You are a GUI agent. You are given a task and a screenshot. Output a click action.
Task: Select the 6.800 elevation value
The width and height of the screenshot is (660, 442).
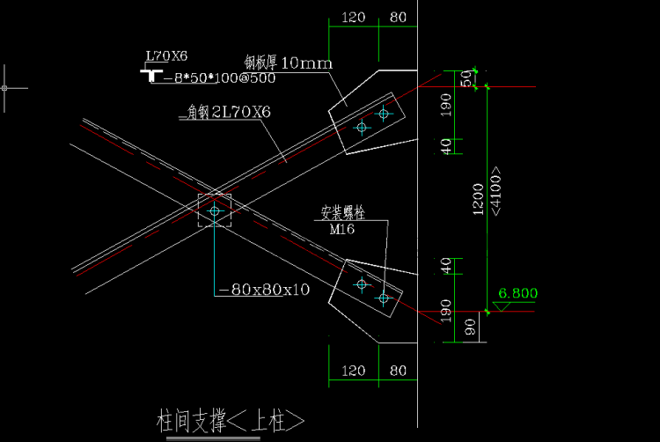point(517,293)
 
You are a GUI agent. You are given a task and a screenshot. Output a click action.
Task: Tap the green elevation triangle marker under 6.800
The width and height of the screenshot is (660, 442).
point(504,306)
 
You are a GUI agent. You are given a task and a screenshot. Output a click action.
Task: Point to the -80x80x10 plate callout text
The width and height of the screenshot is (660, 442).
point(263,289)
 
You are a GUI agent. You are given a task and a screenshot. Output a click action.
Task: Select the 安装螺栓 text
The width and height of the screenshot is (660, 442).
point(342,213)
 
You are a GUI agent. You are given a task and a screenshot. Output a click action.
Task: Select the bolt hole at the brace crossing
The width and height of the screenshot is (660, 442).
point(215,210)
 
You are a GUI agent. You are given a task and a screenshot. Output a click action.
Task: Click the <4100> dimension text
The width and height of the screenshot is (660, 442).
point(497,192)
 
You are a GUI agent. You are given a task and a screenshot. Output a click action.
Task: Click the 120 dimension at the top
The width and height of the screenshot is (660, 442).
point(353,18)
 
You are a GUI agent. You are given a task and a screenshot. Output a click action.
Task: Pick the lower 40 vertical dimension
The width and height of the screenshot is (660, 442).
point(445,265)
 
